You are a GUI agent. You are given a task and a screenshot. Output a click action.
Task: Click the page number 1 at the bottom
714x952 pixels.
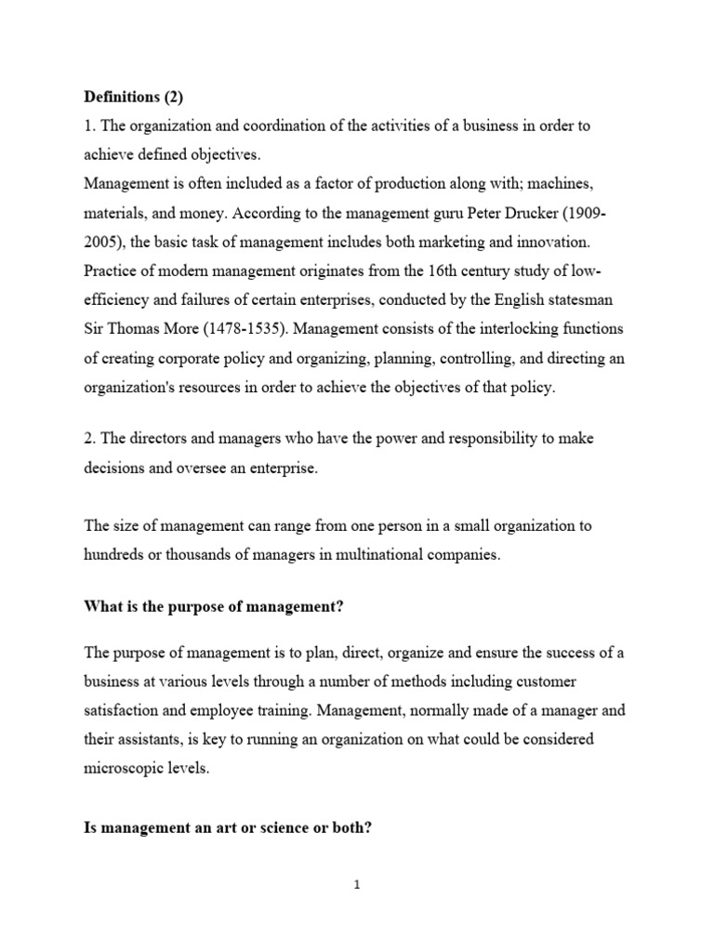(357, 885)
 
